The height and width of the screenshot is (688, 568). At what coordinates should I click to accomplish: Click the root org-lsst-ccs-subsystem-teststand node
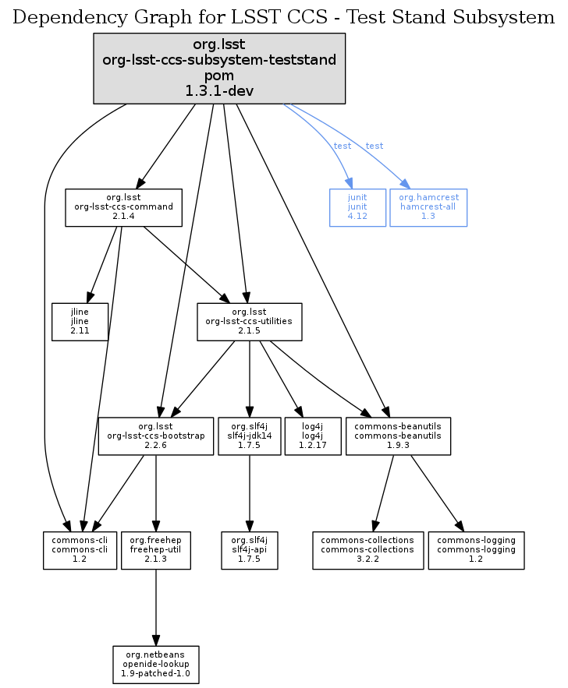(219, 68)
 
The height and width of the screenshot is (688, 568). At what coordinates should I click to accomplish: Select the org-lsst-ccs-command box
(123, 207)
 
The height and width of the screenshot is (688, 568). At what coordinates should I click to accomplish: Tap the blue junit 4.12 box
(357, 207)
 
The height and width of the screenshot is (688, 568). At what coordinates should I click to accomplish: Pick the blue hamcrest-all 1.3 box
(428, 207)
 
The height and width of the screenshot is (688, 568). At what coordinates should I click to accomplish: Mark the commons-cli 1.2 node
(80, 550)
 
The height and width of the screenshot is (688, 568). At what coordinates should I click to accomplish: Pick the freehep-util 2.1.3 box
(156, 550)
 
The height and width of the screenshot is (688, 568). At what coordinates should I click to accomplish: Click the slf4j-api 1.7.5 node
(249, 550)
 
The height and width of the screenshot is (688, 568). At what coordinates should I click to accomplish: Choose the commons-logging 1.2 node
(476, 550)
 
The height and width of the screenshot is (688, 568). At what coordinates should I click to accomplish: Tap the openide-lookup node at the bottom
(156, 665)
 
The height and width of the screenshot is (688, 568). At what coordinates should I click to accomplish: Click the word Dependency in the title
(58, 17)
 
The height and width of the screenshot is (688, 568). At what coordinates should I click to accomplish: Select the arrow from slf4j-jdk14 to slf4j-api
(249, 491)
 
